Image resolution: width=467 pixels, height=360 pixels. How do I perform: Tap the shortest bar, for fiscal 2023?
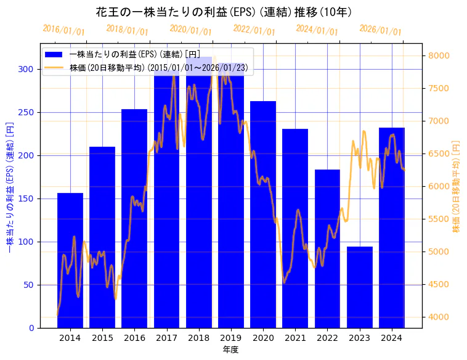click(360, 287)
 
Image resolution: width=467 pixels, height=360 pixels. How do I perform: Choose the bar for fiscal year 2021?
click(295, 228)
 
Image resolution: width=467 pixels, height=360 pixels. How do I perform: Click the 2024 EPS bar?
click(392, 227)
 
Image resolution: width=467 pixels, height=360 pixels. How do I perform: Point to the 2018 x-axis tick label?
click(199, 338)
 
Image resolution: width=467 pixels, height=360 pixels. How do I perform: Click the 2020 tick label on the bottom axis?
click(263, 338)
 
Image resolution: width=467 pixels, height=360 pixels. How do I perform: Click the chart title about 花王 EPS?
click(224, 12)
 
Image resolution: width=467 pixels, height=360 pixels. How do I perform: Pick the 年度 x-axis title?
click(230, 350)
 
